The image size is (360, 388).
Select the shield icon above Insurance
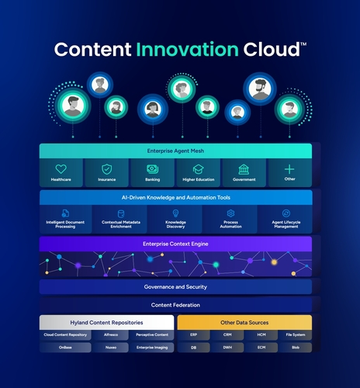106,168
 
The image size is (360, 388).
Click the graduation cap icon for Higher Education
198,168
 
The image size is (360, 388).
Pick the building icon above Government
243,168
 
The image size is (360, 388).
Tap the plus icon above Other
289,168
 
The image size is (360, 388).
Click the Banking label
152,180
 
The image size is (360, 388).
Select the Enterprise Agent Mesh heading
175,151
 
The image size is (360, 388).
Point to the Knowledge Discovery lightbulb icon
175,213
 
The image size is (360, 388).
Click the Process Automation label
230,225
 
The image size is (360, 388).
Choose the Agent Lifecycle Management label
286,225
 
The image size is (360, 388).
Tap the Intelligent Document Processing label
65,225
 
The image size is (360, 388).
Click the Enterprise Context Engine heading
175,244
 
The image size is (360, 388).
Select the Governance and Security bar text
175,287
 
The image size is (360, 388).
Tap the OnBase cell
64,348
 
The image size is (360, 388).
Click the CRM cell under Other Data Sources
228,335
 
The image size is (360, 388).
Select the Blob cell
295,348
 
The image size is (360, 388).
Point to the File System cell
295,335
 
